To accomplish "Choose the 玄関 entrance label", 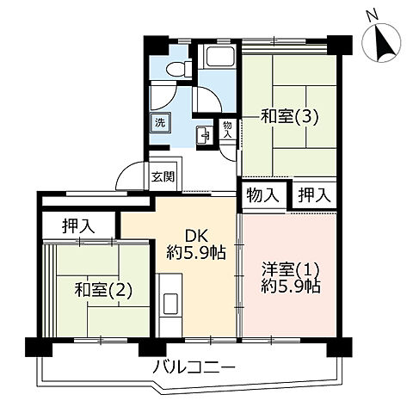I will click(x=163, y=176).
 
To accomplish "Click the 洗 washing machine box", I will click(x=160, y=122).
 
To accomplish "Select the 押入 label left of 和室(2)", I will click(x=77, y=227).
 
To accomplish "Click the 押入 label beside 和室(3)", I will click(x=314, y=195).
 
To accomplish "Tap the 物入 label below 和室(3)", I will click(x=262, y=195).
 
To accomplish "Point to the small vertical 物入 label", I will click(x=227, y=129).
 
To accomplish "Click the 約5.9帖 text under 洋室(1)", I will click(x=292, y=287).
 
